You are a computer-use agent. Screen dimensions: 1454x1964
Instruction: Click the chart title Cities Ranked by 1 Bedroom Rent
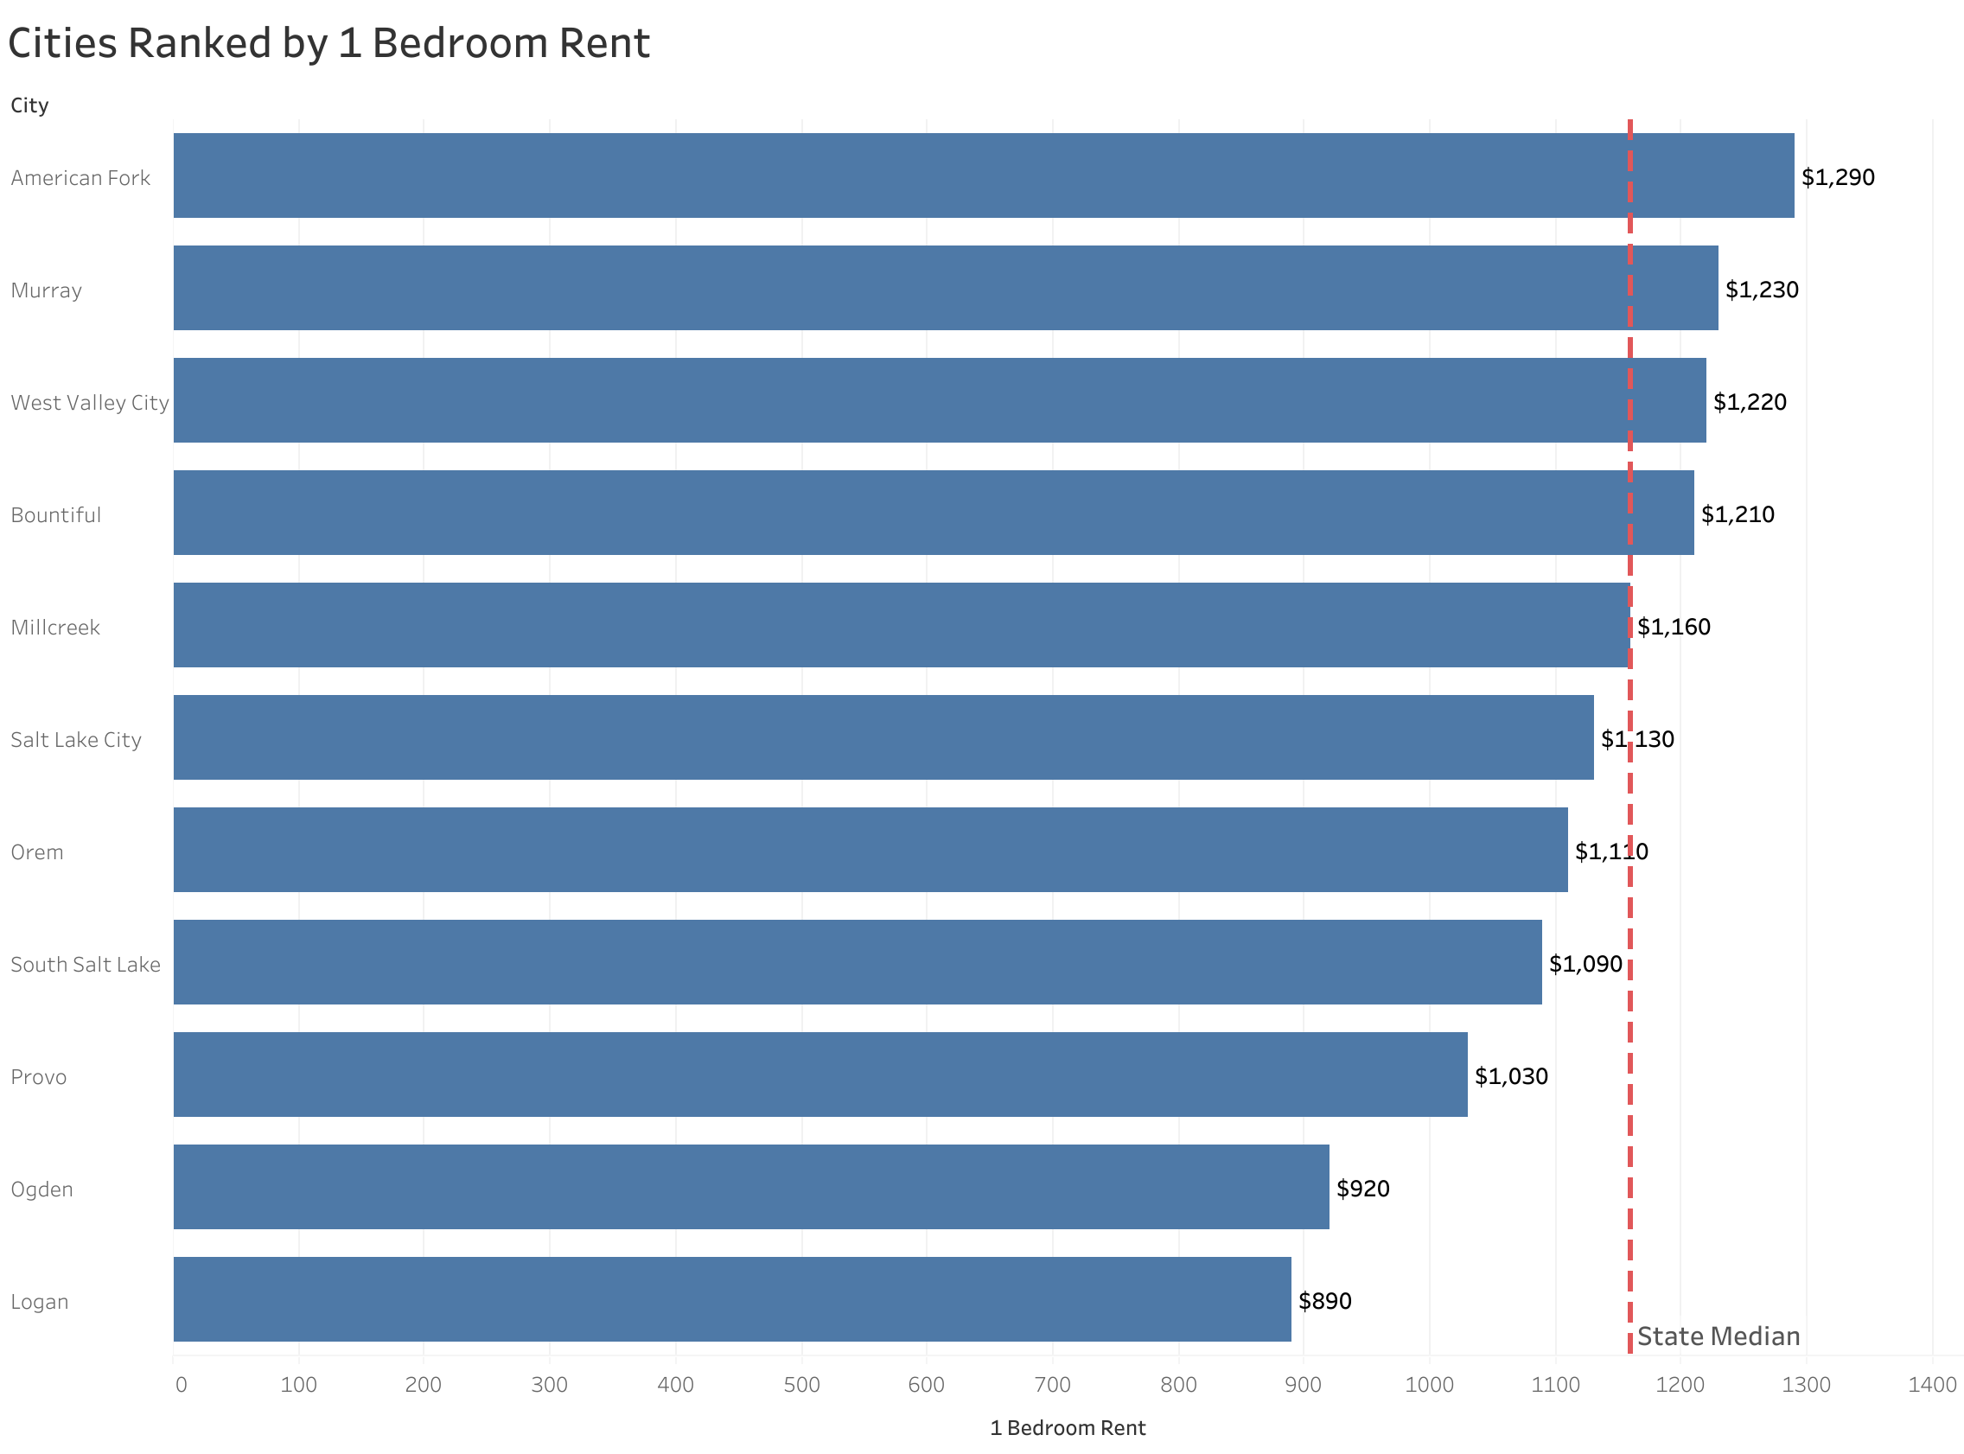click(328, 44)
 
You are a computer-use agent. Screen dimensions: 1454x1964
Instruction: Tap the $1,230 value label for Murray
click(1761, 290)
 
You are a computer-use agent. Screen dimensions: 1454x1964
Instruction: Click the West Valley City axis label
click(89, 402)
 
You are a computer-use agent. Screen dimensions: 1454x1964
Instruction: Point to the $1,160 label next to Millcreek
click(1674, 627)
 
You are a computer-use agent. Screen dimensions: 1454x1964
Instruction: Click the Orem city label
click(37, 852)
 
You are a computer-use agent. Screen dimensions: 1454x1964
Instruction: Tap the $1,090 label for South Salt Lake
click(1585, 964)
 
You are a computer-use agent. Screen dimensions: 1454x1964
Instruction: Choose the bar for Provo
click(819, 1074)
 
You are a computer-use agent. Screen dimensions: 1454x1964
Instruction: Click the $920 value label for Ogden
click(1362, 1189)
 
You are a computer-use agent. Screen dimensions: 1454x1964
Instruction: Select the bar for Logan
click(731, 1298)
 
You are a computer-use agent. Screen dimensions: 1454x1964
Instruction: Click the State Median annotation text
click(1718, 1336)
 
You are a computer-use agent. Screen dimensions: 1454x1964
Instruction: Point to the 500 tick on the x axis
click(801, 1385)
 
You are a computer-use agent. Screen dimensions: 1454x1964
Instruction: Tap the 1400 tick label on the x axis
click(1931, 1385)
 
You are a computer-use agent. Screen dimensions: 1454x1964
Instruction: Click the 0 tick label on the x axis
click(182, 1385)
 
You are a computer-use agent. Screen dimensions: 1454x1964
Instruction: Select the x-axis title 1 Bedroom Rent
click(1068, 1427)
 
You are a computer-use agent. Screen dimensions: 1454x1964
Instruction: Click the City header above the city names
click(29, 105)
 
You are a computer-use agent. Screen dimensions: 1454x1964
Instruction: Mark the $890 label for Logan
click(1324, 1301)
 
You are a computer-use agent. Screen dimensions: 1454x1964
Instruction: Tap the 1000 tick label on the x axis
click(1429, 1385)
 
